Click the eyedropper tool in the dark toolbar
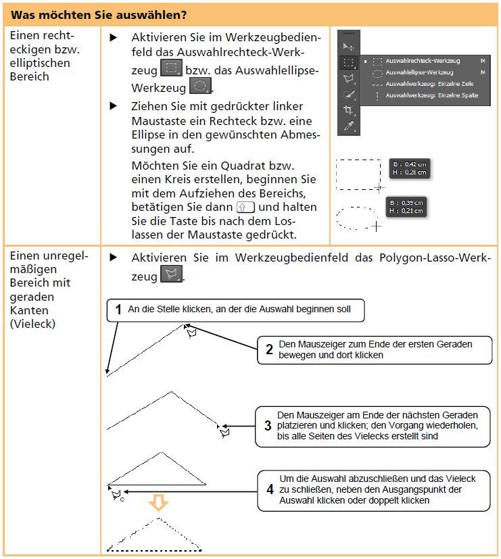(x=349, y=126)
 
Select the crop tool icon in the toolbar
(x=349, y=110)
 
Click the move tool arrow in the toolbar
(x=349, y=46)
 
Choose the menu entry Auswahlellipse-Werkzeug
(x=419, y=72)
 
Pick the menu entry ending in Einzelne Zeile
(x=429, y=84)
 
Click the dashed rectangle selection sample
(x=358, y=174)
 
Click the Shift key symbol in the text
(x=246, y=208)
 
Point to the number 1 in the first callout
(x=118, y=310)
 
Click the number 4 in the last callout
(x=270, y=489)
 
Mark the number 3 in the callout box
(x=268, y=426)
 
